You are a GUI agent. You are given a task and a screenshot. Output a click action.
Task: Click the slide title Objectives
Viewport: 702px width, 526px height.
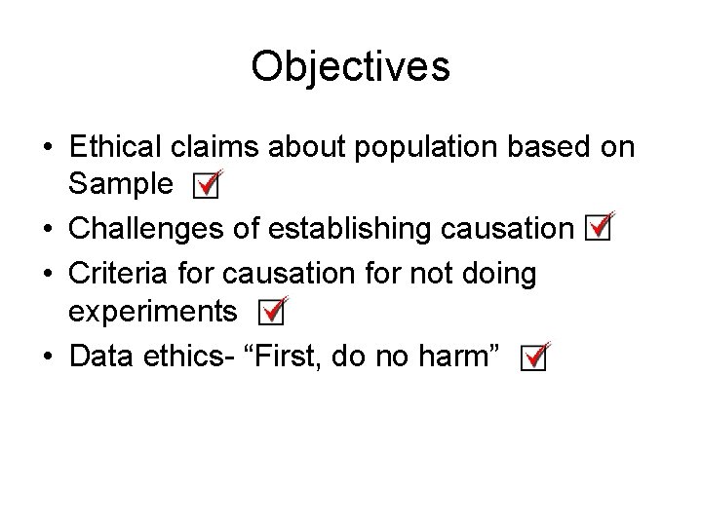pos(350,67)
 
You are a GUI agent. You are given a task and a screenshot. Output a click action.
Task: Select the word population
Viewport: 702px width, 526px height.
pos(406,147)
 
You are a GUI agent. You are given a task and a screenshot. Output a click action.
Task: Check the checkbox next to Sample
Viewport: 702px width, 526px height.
pos(206,185)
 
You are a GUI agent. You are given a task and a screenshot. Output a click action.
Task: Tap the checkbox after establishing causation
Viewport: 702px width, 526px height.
pos(598,229)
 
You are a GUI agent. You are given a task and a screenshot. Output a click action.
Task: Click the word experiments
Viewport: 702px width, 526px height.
pos(152,312)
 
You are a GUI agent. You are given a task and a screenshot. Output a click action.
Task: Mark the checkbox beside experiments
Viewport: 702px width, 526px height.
pos(274,312)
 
